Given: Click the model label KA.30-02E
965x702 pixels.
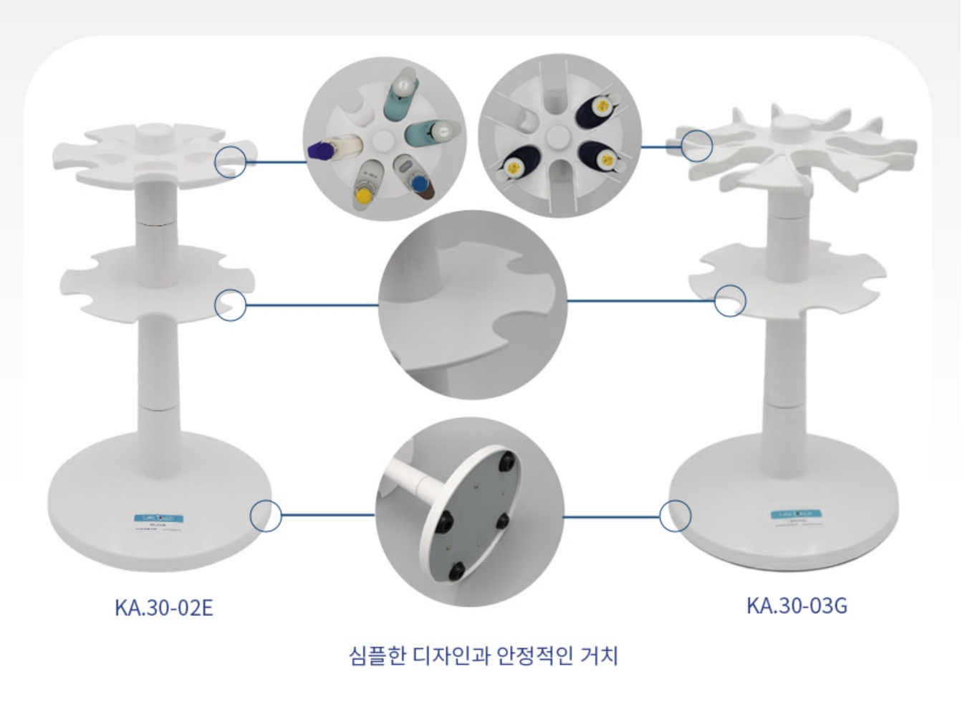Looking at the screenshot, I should [x=163, y=607].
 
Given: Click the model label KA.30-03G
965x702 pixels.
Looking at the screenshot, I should [x=796, y=605].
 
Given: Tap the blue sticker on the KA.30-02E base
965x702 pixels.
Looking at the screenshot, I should [x=159, y=518].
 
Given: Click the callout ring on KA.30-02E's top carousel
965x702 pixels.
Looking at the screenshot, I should [x=230, y=161].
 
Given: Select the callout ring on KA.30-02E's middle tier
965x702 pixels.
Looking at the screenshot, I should [x=230, y=305].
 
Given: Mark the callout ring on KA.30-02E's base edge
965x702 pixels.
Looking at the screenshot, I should [x=266, y=516].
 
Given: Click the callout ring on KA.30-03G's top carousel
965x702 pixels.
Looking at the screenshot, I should [x=696, y=146].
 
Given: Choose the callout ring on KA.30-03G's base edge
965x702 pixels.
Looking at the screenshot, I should [x=675, y=516].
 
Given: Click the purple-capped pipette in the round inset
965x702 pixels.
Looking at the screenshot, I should [x=322, y=150].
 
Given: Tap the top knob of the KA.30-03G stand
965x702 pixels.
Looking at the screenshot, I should [x=792, y=131].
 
